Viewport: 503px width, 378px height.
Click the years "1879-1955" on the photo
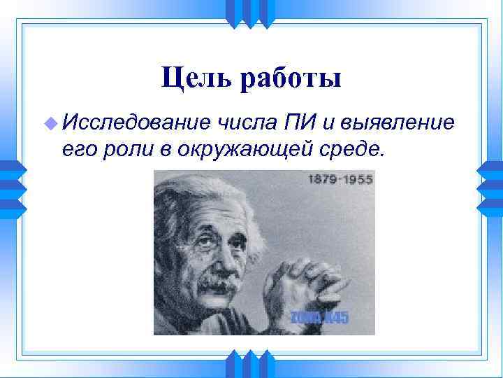[x=340, y=179]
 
